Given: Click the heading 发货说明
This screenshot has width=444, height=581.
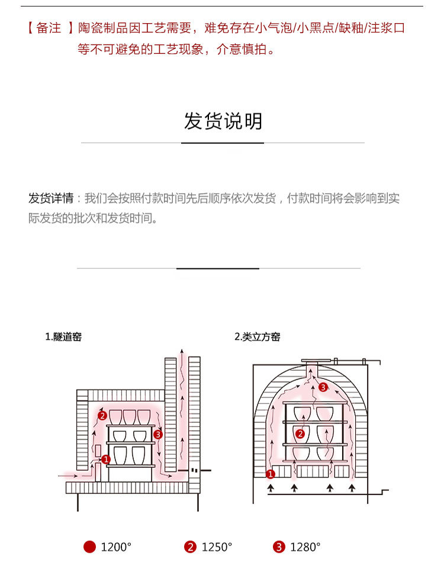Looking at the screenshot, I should [x=223, y=121].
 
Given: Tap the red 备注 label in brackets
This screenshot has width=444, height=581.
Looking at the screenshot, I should [x=49, y=28].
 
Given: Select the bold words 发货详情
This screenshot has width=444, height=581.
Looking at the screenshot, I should [x=51, y=198].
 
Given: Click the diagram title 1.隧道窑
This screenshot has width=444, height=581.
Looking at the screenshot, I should [x=63, y=337].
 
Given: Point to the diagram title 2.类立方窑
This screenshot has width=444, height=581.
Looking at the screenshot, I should [x=258, y=337].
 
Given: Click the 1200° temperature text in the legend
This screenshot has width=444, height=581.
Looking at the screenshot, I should [x=116, y=547].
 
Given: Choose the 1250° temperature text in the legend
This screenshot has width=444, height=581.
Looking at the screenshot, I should [x=217, y=547].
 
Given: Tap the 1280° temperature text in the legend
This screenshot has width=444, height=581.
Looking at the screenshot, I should [x=305, y=547].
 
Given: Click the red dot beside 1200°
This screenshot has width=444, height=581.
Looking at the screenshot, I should [x=89, y=547].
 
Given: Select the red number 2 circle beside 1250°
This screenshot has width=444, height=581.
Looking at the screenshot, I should [x=190, y=547].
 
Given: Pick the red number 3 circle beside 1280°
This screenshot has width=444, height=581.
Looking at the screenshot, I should [x=279, y=547].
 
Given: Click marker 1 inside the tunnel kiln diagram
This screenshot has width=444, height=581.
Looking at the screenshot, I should [x=106, y=459].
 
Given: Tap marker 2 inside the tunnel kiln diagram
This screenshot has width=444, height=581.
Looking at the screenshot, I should [x=102, y=416].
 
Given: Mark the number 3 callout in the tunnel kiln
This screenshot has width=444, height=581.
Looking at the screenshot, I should [x=157, y=435].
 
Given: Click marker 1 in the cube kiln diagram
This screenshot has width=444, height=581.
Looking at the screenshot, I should [x=271, y=474].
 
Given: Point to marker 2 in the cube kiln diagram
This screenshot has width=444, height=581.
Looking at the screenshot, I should [x=300, y=434].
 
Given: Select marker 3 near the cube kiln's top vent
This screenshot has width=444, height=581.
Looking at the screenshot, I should [x=323, y=387].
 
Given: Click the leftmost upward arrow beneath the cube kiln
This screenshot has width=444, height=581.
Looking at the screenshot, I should [x=272, y=489].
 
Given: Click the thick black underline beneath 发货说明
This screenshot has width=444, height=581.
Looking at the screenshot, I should [x=223, y=143].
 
